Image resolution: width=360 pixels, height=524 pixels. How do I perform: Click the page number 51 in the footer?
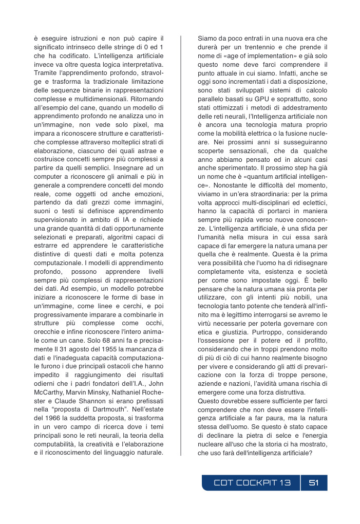point(314,483)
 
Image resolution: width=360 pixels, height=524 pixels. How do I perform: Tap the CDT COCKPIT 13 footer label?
point(252,483)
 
